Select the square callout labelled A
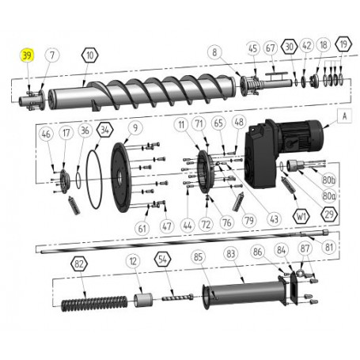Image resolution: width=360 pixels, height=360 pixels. coord(344,115)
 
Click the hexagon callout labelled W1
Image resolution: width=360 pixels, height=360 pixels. coord(301,214)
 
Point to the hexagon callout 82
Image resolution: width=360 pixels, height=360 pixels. coord(78,263)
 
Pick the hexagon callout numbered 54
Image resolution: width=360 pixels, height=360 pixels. coord(162,259)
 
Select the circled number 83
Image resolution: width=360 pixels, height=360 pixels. coord(232,254)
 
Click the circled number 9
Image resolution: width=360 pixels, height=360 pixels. coord(135,127)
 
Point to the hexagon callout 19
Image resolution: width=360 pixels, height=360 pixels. coord(343,46)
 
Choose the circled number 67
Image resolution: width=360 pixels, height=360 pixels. coord(271,48)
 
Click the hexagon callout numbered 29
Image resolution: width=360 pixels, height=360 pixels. coord(329,214)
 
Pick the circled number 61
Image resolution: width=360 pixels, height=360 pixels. coord(142,228)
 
